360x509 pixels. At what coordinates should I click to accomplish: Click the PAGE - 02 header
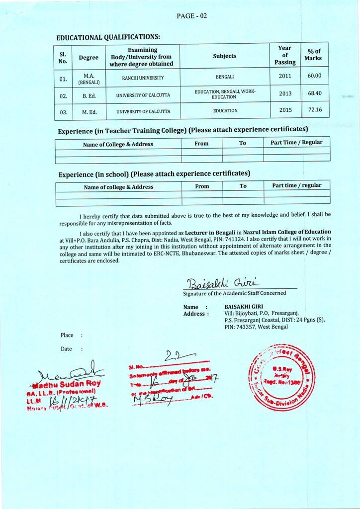(191, 16)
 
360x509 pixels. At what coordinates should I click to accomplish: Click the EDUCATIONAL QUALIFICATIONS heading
(108, 37)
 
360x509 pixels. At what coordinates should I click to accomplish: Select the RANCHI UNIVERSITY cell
(143, 78)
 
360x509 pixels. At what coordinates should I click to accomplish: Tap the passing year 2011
(285, 76)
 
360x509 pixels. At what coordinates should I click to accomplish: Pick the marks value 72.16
(315, 109)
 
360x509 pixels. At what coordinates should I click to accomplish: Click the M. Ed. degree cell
(89, 112)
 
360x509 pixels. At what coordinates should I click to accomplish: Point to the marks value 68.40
(315, 93)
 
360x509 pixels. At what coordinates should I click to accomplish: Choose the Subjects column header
(224, 56)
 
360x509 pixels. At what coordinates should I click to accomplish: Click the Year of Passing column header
(285, 55)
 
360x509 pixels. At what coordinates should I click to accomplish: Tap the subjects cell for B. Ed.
(225, 94)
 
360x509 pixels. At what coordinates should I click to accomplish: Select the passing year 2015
(285, 110)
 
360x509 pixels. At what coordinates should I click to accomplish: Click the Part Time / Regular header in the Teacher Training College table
(296, 143)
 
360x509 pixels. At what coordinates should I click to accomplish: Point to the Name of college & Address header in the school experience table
(118, 187)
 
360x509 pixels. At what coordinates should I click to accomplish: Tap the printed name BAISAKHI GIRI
(244, 307)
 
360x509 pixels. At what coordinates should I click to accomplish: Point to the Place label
(67, 335)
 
